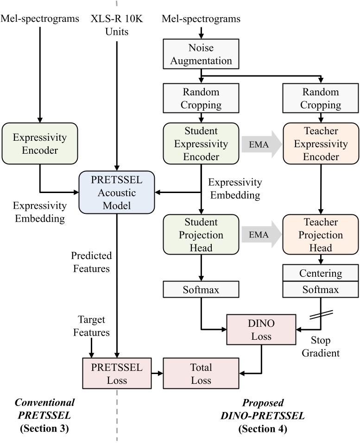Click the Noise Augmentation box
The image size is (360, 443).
coord(201,54)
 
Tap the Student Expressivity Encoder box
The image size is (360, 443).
coord(201,144)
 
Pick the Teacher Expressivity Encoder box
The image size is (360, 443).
coord(321,144)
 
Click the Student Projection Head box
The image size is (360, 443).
coord(201,235)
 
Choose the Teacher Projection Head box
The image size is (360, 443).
coord(321,235)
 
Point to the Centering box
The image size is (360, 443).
coord(321,274)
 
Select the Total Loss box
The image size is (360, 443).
coord(201,373)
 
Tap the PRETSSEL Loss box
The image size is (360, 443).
coord(116,373)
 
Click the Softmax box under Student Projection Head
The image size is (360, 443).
coord(201,291)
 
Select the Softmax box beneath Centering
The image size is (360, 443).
coord(321,291)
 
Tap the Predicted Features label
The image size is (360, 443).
coord(91,262)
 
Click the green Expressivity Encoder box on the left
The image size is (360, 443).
coord(40,144)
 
